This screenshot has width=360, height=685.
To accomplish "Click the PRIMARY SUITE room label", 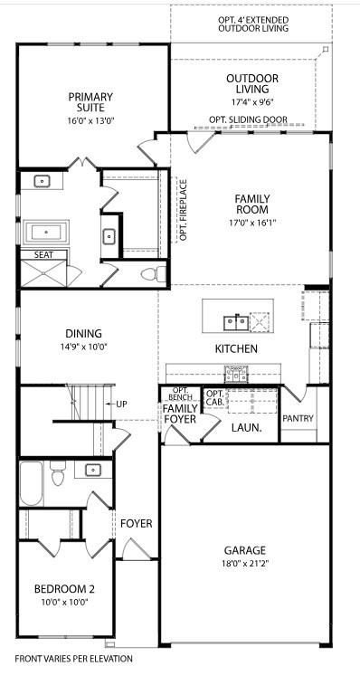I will (89, 102).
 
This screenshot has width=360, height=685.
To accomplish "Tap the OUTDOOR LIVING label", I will (251, 84).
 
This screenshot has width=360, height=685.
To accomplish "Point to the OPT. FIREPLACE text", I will (183, 211).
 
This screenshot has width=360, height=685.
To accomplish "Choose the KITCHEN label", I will (236, 348).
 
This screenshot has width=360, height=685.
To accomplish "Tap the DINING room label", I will (82, 333).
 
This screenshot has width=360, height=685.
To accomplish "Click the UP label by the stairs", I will (120, 404).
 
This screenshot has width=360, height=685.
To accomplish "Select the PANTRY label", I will (298, 418).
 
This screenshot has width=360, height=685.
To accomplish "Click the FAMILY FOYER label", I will (180, 414).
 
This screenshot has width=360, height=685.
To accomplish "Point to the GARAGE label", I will (244, 550).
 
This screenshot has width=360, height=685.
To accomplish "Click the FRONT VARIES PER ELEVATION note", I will (73, 659).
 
